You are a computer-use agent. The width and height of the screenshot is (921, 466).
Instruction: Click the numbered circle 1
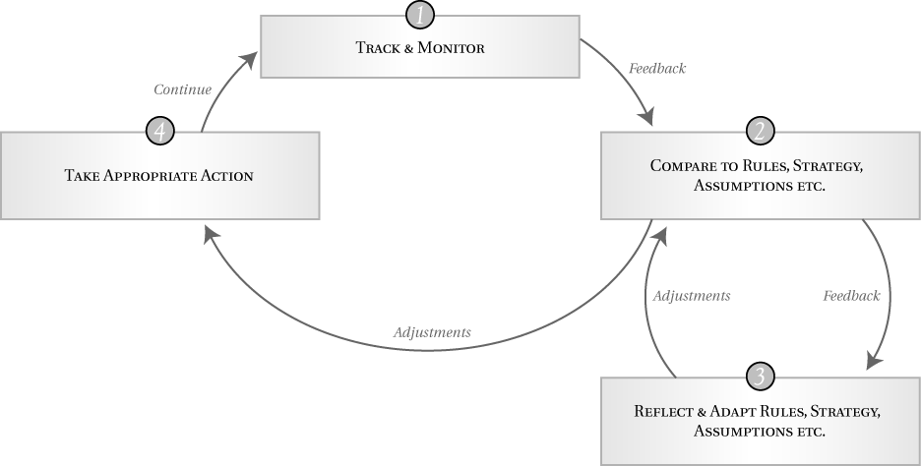point(419,16)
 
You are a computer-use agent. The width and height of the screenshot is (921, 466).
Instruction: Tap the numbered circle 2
point(761,131)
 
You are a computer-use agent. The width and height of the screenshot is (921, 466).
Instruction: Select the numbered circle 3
point(760,377)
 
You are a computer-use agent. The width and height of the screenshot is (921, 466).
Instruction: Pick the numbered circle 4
point(159,131)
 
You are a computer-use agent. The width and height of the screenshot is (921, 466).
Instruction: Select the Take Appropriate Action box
point(159,176)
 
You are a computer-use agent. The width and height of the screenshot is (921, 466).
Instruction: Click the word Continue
point(182,89)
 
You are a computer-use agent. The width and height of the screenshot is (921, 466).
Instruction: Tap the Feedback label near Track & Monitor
point(656,69)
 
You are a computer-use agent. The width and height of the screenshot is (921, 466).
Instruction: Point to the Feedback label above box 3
point(851,295)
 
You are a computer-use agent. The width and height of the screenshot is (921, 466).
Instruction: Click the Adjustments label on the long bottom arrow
point(431,332)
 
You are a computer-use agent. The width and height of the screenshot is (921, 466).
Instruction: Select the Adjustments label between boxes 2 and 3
point(692,295)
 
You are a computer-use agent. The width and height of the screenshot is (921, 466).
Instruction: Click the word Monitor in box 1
point(453,47)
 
